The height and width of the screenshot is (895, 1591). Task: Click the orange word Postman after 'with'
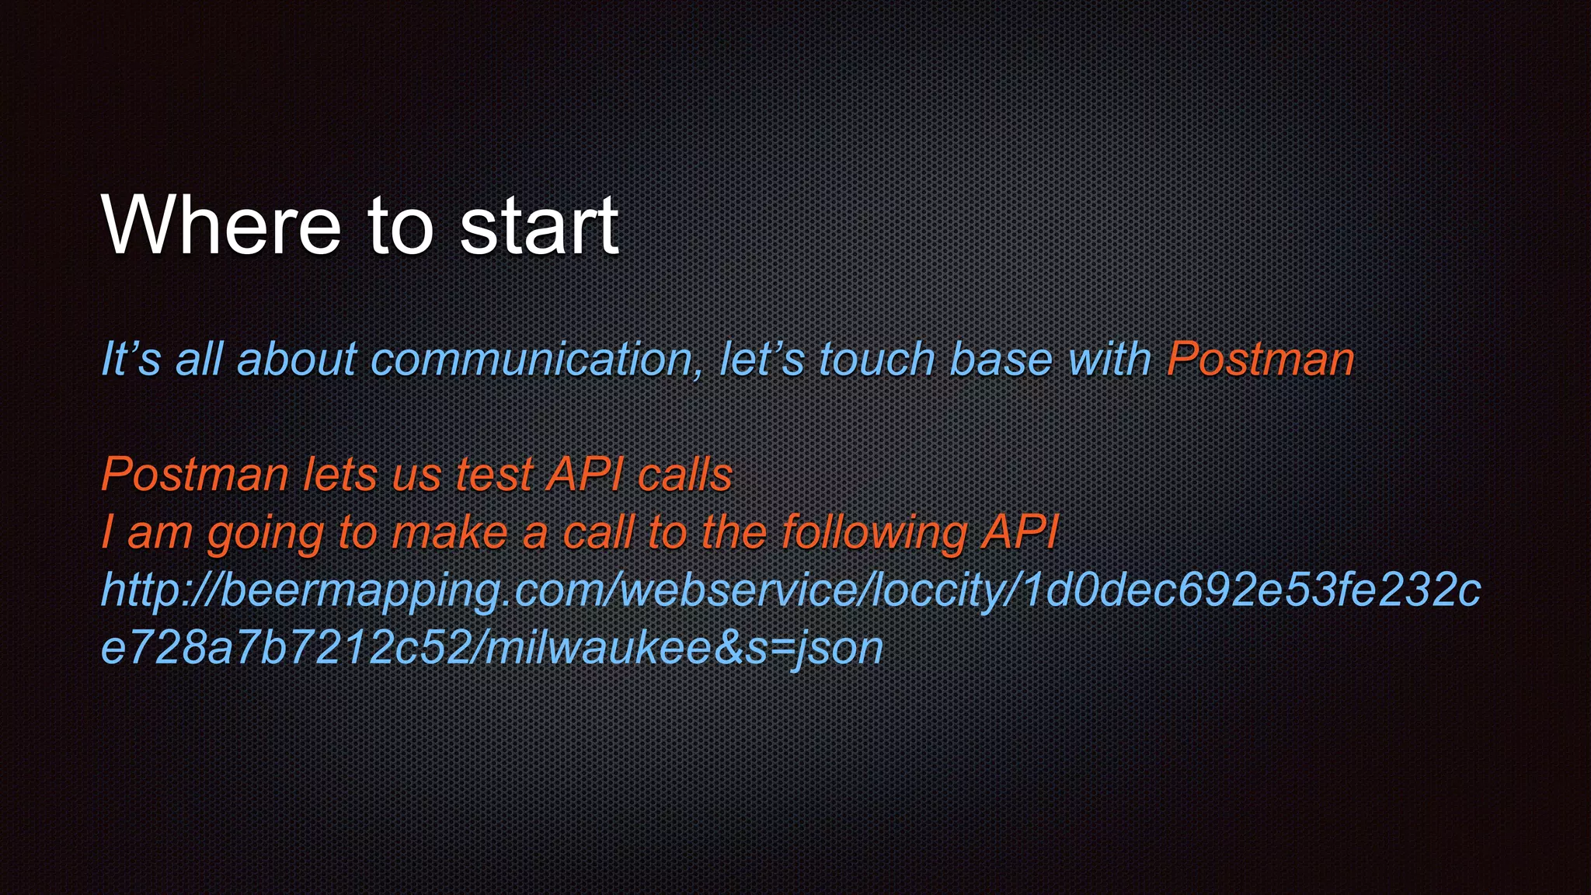coord(1260,360)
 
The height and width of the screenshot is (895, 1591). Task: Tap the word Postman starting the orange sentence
coord(195,475)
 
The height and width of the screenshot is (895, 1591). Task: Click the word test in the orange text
coord(494,475)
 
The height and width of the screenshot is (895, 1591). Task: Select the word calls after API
coord(684,475)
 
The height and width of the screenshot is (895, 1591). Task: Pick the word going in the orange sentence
coord(265,534)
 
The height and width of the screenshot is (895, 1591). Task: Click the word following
coord(874,534)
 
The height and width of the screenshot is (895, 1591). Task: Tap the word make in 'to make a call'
coord(449,534)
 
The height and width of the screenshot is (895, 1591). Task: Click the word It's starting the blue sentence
coord(131,360)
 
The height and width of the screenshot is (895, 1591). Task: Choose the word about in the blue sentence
coord(296,360)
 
